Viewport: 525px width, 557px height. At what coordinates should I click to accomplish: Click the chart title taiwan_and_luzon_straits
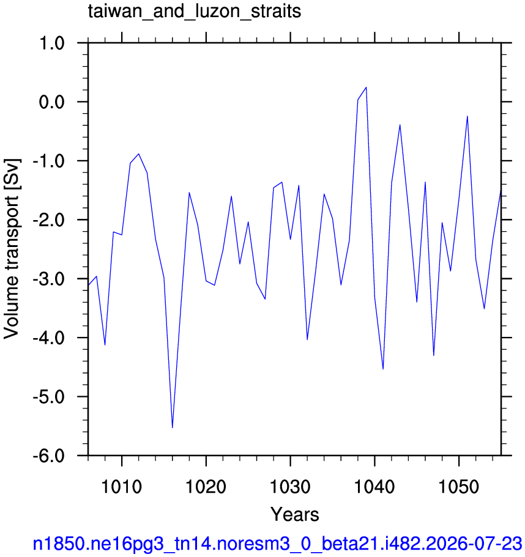click(x=195, y=12)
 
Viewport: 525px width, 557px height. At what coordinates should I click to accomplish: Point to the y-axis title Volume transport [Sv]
click(x=12, y=249)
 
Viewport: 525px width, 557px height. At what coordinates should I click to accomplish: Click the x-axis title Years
click(x=295, y=514)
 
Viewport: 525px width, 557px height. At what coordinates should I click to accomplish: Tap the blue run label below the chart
click(x=277, y=544)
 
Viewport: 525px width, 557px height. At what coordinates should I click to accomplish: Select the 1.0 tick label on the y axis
click(x=51, y=43)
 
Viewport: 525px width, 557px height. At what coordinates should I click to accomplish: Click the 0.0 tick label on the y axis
click(x=51, y=102)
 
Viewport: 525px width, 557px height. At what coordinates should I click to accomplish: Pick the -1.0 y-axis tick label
click(x=49, y=161)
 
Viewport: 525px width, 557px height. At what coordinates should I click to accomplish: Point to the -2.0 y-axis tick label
click(x=49, y=220)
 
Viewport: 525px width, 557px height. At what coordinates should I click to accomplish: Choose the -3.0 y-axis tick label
click(x=49, y=279)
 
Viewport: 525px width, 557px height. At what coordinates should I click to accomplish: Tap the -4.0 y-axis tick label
click(x=49, y=338)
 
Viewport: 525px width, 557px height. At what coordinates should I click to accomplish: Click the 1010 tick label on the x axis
click(x=122, y=487)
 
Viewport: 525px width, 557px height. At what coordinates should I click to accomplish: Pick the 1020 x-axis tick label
click(x=206, y=487)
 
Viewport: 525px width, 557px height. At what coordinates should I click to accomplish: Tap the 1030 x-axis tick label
click(x=290, y=487)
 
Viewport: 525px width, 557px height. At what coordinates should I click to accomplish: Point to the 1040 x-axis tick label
click(x=374, y=487)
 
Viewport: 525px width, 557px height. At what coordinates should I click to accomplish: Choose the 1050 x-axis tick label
click(x=459, y=487)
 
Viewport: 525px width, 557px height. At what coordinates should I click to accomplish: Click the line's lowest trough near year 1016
click(x=173, y=428)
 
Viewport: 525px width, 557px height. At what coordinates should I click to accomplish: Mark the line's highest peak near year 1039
click(x=366, y=87)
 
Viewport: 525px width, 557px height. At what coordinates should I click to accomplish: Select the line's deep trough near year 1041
click(x=383, y=369)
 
